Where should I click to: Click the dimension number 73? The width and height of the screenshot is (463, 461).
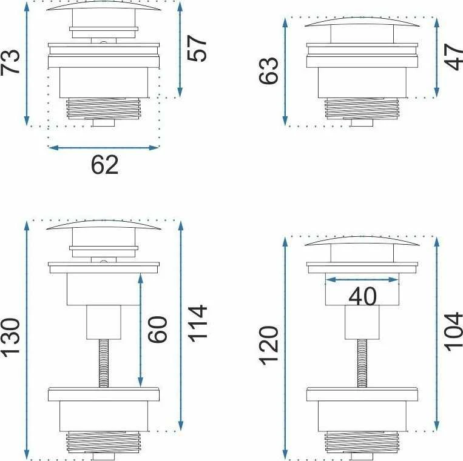pyautogui.click(x=10, y=62)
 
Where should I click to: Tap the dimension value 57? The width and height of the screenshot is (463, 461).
pyautogui.click(x=197, y=48)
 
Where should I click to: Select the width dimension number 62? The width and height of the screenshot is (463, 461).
pyautogui.click(x=104, y=165)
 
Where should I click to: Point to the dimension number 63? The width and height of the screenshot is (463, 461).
pyautogui.click(x=269, y=71)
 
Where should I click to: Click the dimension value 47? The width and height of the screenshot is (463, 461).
pyautogui.click(x=454, y=57)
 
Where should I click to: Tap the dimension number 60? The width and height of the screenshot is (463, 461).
pyautogui.click(x=157, y=330)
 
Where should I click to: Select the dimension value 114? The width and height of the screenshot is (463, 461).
pyautogui.click(x=198, y=323)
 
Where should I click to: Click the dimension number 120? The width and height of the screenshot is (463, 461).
pyautogui.click(x=269, y=346)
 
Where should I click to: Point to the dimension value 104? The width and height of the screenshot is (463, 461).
pyautogui.click(x=454, y=331)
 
